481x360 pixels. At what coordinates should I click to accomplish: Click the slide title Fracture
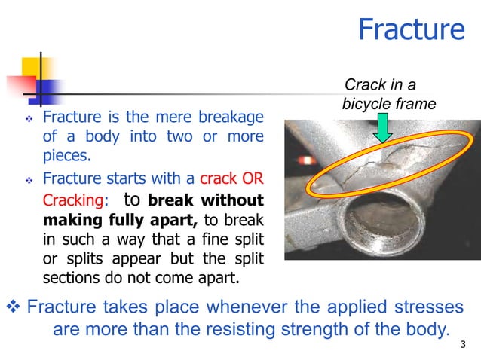pos(411,29)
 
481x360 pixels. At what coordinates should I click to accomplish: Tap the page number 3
pos(462,346)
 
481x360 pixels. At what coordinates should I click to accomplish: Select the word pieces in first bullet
pos(66,157)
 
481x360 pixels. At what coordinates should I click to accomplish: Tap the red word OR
pos(250,180)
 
